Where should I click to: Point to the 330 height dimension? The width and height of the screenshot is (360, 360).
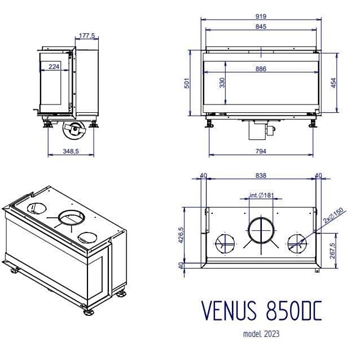tap(224, 83)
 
